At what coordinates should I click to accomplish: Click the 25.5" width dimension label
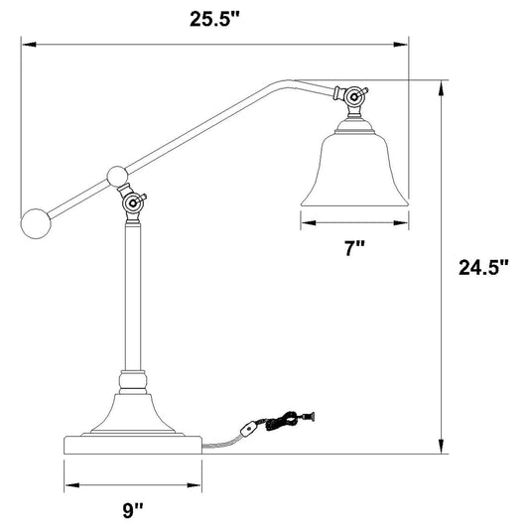coord(216,17)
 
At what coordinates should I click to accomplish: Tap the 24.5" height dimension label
coord(483,267)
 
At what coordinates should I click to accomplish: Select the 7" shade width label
coord(354,250)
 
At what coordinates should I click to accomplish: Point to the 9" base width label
coord(134,510)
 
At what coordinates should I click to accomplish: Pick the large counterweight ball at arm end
coord(37,221)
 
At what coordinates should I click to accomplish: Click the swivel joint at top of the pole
coord(132,205)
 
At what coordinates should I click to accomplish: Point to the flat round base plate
coord(134,444)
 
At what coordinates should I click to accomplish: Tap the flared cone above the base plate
coord(133,412)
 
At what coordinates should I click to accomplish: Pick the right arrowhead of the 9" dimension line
coord(198,487)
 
